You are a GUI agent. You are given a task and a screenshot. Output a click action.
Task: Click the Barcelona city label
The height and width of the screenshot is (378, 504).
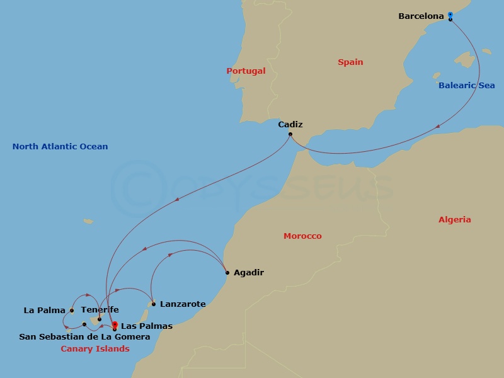tap(421, 16)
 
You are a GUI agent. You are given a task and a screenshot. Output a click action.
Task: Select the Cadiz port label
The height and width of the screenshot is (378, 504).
tap(290, 125)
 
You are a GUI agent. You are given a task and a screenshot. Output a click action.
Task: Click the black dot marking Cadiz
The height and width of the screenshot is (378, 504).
tap(290, 134)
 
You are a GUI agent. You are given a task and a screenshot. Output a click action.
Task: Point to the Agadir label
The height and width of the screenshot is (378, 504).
tap(248, 273)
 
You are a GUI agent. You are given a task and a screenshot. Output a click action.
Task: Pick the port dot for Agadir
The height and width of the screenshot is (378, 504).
tap(227, 273)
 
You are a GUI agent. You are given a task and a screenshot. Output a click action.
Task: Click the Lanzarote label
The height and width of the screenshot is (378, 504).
tap(183, 304)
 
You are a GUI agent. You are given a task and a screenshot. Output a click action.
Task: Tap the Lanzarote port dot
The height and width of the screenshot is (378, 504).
tap(154, 304)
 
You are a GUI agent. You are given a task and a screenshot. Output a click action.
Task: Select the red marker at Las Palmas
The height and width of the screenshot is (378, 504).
tap(115, 325)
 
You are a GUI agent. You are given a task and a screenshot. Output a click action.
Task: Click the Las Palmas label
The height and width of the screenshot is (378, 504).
tap(146, 326)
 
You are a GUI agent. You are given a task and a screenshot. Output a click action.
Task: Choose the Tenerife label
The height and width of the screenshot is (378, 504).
tap(100, 310)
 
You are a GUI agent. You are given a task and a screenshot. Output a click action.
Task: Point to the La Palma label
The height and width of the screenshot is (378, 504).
tap(44, 311)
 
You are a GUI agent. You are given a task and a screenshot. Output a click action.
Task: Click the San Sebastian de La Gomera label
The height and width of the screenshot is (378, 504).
tap(84, 337)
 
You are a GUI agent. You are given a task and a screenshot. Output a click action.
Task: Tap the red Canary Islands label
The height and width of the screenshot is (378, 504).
tap(95, 349)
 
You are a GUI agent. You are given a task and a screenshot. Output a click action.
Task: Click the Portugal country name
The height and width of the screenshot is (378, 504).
tap(246, 71)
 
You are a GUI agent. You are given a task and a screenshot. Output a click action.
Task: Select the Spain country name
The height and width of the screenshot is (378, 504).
tap(350, 62)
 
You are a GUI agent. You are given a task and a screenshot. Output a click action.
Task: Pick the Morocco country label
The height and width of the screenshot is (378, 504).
tap(302, 236)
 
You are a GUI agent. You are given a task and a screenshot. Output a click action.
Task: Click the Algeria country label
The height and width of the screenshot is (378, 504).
tap(454, 220)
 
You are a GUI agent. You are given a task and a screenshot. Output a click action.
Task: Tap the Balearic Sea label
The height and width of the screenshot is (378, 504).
tap(467, 86)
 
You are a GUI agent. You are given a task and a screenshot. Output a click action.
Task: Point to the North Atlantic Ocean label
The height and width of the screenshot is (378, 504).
tap(60, 147)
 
